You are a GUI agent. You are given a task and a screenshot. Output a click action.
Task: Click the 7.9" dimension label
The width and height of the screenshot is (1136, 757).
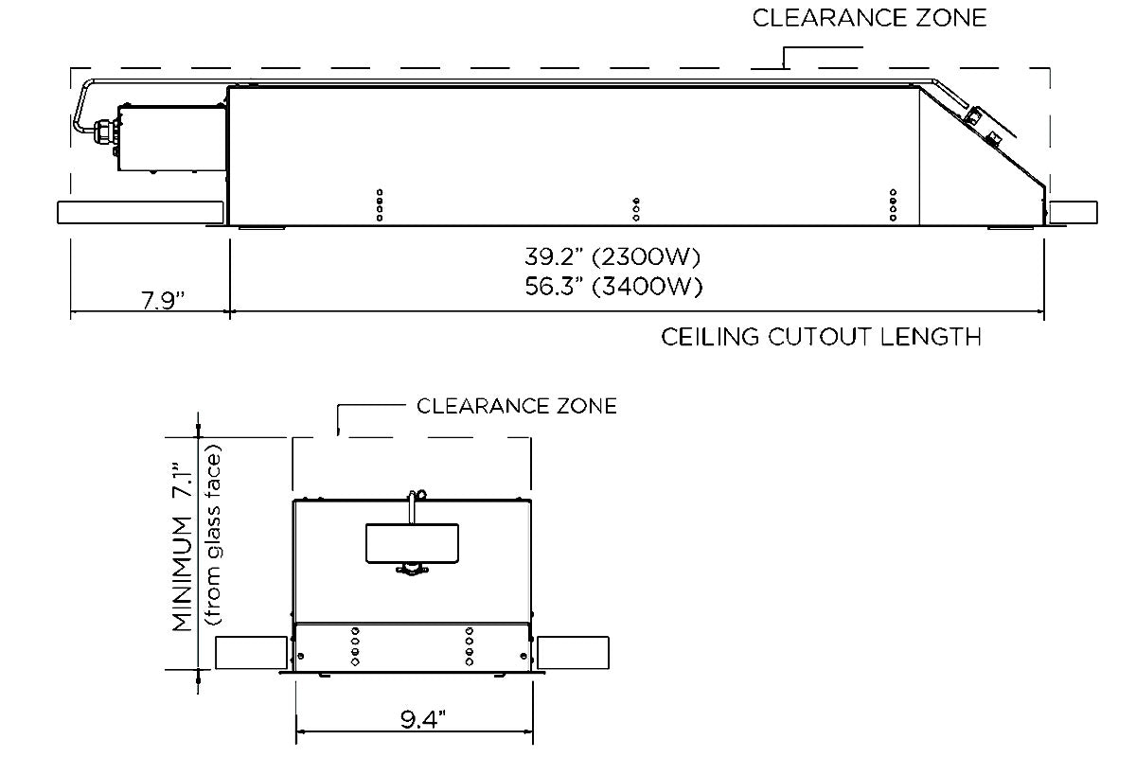tap(162, 300)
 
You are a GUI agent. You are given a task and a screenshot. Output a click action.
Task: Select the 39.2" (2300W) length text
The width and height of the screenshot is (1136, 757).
tap(613, 257)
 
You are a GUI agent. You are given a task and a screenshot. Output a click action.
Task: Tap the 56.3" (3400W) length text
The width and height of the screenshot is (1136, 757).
tap(613, 286)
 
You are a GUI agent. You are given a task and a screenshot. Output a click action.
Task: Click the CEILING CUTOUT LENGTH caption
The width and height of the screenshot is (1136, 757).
tap(821, 337)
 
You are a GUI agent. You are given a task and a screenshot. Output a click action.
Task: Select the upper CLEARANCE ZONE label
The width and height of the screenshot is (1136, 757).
tap(869, 18)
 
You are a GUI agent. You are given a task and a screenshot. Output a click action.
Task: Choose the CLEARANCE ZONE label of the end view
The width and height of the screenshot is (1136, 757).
tap(517, 406)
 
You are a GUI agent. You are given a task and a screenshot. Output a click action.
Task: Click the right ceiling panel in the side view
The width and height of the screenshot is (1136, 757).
tap(1073, 212)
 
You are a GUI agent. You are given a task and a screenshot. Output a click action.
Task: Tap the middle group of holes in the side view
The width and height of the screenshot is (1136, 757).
tap(636, 209)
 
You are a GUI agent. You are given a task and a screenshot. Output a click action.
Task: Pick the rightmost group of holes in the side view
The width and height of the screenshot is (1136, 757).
tap(893, 204)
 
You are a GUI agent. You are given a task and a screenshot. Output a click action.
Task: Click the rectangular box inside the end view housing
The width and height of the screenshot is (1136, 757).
tap(412, 542)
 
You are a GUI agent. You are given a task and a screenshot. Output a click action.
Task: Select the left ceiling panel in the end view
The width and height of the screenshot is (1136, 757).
tap(252, 654)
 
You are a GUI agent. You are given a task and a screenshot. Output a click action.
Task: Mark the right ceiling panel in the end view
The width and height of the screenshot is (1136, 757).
tap(573, 654)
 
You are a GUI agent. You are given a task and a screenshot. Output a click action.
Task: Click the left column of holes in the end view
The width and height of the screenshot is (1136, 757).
tap(355, 646)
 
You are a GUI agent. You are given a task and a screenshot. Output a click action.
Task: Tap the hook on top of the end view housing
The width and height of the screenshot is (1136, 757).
tap(415, 498)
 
